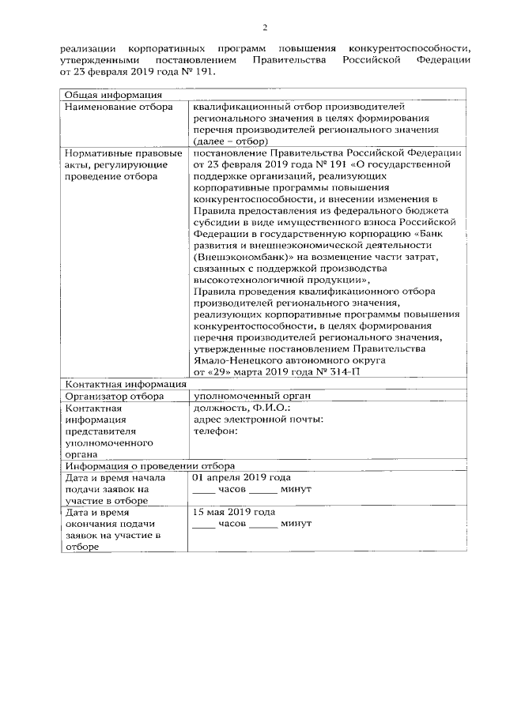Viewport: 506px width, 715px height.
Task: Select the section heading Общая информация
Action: point(103,96)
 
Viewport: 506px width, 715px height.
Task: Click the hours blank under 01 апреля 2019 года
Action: point(204,490)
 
